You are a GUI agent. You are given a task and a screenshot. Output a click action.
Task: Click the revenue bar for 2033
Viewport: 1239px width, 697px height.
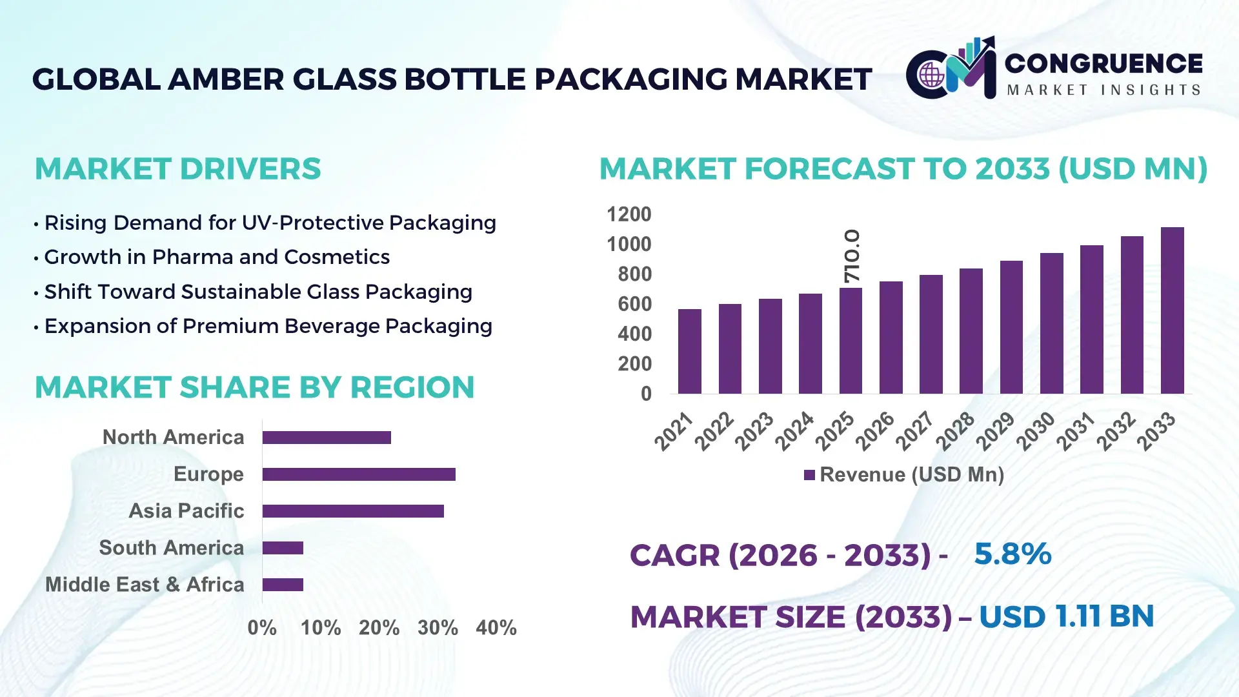coord(1172,310)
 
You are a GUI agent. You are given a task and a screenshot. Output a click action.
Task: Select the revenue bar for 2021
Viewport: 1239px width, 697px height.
coord(689,351)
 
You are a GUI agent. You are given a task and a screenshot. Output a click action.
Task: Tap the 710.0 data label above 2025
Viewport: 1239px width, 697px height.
coord(852,256)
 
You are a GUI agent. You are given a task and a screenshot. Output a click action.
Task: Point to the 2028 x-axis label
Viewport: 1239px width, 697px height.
coord(955,431)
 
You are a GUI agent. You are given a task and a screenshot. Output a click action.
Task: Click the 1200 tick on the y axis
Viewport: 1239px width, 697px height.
coord(629,214)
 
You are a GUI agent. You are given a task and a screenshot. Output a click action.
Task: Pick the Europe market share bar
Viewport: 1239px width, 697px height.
coord(359,474)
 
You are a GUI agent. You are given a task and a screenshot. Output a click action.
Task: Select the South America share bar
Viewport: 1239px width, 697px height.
coord(283,548)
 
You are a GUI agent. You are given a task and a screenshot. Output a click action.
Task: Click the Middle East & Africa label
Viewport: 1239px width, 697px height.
coord(145,585)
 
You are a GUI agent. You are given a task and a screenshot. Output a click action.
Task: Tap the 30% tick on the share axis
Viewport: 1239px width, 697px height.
coord(438,627)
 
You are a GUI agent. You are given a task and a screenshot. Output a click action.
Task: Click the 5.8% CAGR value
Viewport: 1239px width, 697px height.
coord(1012,554)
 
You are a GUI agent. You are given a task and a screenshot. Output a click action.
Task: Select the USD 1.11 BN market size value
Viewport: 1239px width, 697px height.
coord(1066,616)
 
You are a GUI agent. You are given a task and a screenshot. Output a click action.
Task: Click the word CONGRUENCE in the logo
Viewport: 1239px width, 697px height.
coord(1103,63)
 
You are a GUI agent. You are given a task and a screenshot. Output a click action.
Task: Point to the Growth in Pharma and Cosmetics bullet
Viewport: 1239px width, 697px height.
coord(216,257)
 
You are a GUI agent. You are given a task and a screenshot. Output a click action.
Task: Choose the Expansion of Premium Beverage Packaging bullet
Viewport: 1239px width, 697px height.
coord(268,326)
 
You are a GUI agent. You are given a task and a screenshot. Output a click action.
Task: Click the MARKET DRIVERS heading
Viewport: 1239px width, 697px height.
coord(177,169)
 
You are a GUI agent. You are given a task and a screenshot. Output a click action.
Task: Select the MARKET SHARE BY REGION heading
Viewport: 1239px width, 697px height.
coord(254,387)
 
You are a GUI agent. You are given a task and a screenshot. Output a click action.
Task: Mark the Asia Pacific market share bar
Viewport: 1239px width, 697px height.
coord(353,511)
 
